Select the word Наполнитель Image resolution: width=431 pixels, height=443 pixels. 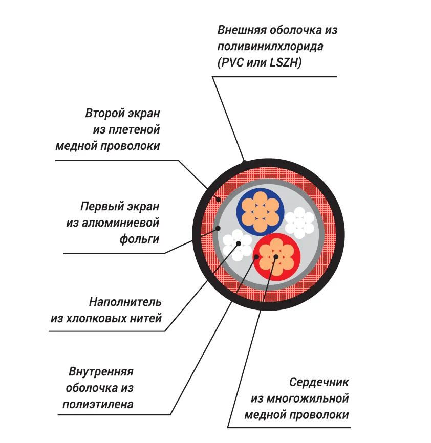125,302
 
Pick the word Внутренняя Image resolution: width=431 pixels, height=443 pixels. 101,371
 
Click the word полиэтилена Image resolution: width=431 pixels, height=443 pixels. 98,404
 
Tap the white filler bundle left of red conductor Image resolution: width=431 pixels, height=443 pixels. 237,242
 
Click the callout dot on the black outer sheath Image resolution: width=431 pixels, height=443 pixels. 245,163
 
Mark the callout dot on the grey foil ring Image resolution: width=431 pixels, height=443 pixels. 218,228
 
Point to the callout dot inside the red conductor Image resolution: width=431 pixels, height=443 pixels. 276,256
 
